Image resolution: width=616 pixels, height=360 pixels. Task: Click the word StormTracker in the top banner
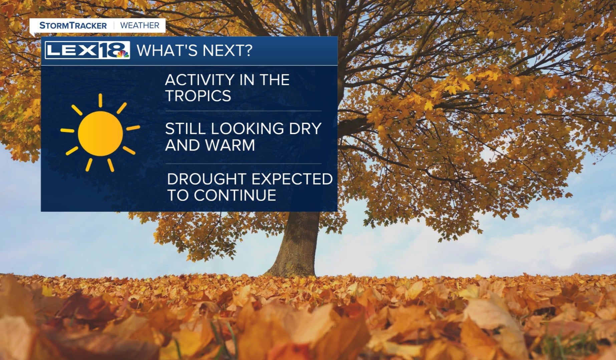point(73,26)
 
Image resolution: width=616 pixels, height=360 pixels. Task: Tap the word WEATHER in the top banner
point(140,26)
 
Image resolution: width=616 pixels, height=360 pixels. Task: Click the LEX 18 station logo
point(87,50)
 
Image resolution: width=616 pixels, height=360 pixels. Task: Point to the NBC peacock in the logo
point(123,54)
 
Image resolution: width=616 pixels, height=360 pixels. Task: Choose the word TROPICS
point(198,96)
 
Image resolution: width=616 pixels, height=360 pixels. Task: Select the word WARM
point(230,145)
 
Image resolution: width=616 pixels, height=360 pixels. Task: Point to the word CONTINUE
point(235,196)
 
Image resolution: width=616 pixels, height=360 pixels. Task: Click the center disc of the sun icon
point(100,133)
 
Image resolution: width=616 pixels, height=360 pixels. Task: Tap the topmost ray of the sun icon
point(100,100)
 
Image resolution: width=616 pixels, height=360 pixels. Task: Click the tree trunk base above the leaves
point(294,264)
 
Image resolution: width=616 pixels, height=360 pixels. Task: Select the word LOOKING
point(247,129)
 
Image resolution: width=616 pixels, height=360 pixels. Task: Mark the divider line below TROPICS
point(244,111)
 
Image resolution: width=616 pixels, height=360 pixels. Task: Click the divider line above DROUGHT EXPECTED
point(244,164)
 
